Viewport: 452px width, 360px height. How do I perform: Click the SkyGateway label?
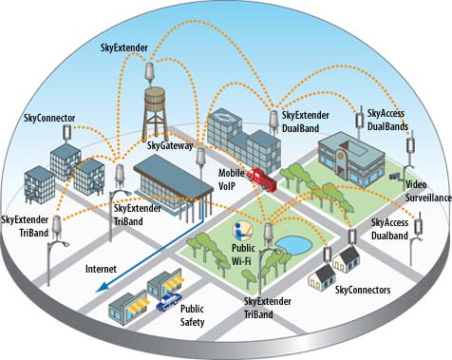click(170, 145)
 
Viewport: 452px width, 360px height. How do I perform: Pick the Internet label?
click(102, 270)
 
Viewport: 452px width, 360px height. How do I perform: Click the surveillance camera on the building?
click(396, 177)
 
